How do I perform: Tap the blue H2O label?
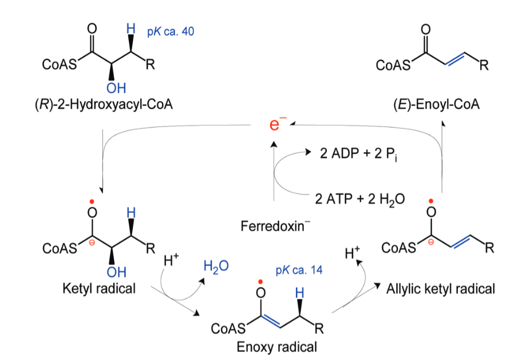pyautogui.click(x=215, y=267)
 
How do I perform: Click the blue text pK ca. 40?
pyautogui.click(x=171, y=31)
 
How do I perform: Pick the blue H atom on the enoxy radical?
pyautogui.click(x=299, y=292)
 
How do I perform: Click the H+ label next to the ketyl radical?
pyautogui.click(x=172, y=262)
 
